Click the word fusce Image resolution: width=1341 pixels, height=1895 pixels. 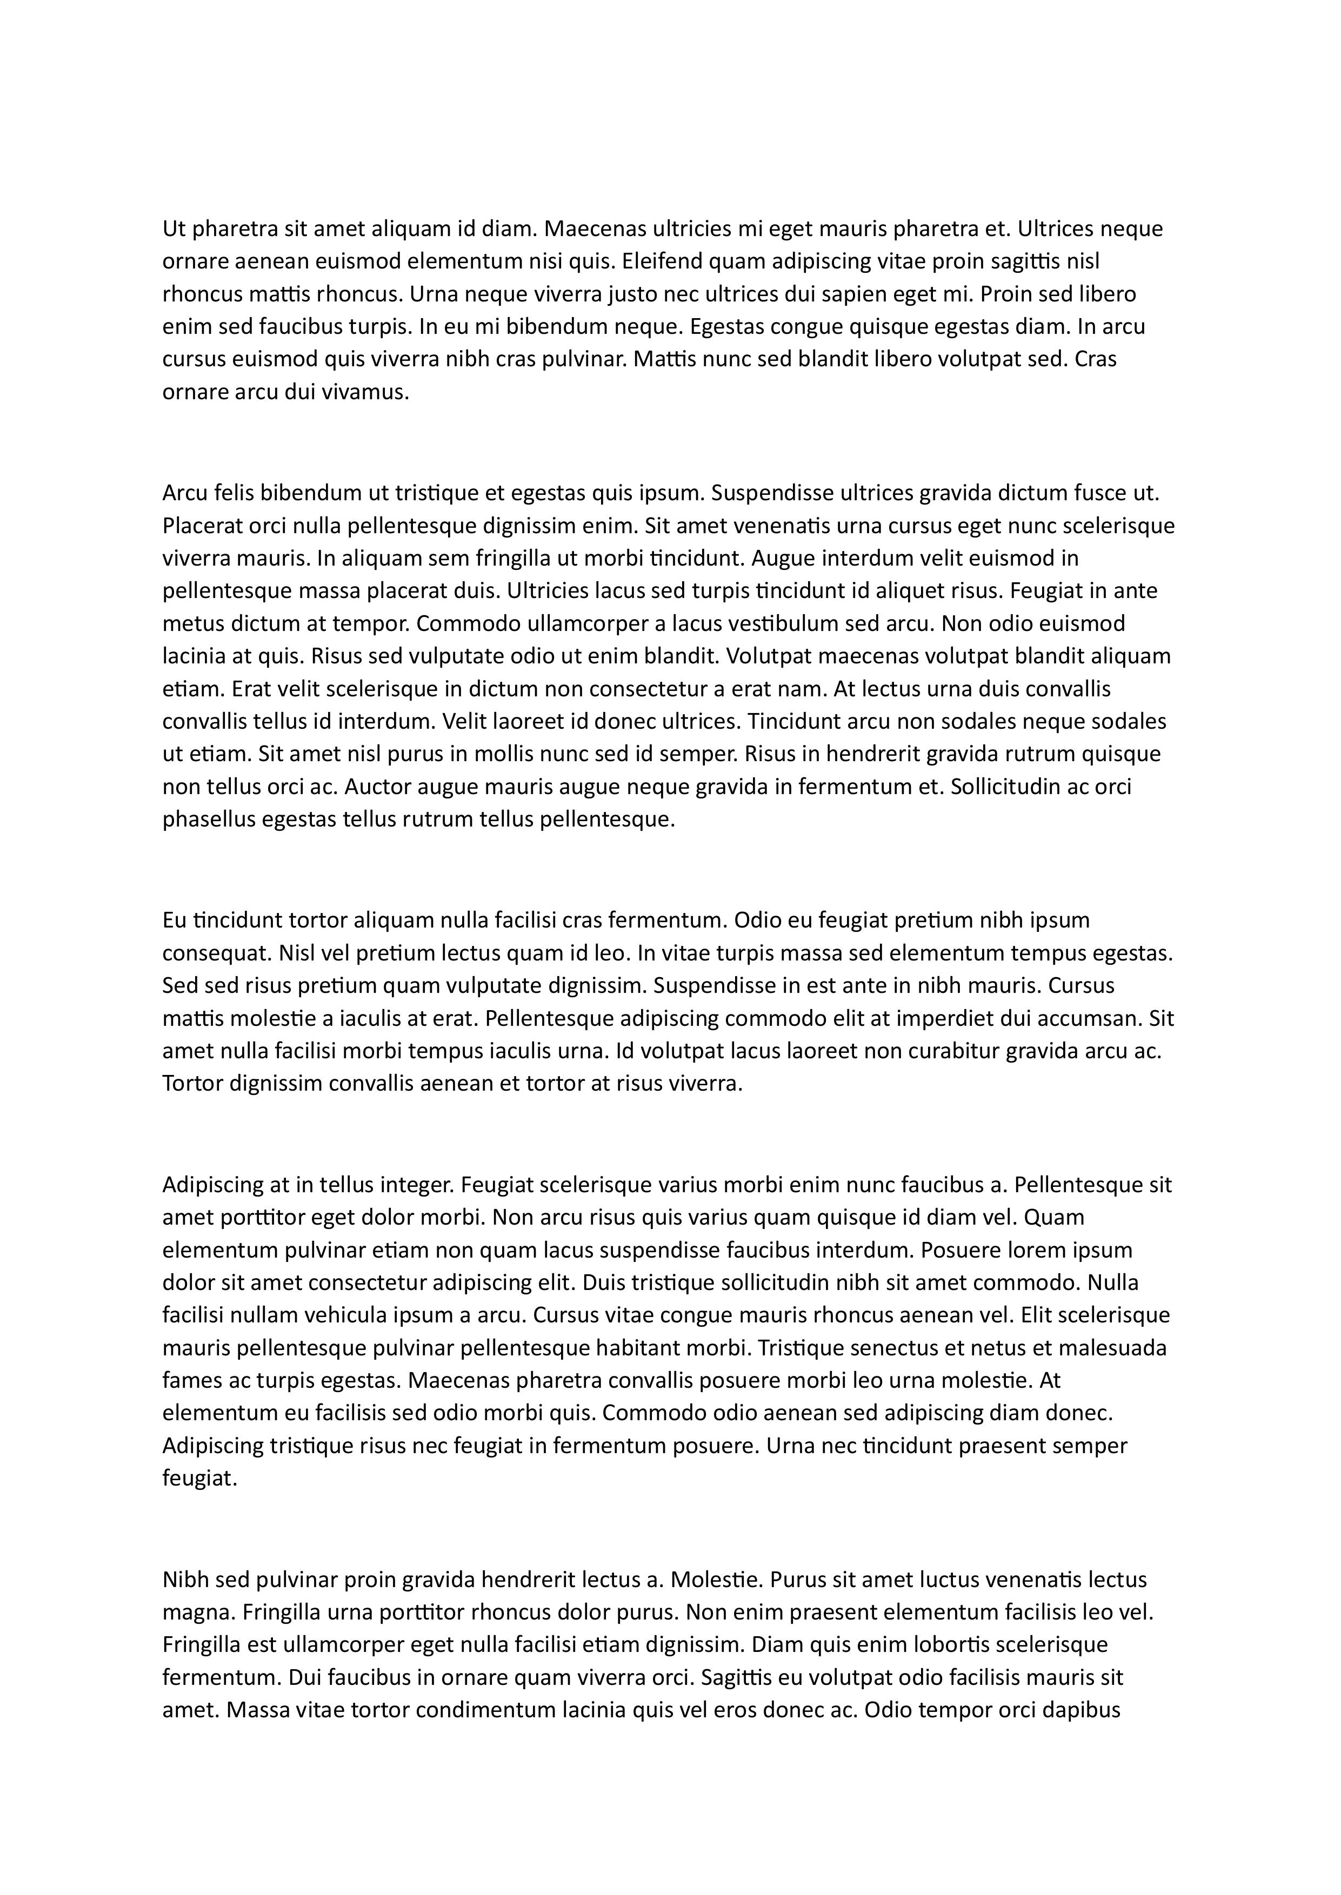1100,494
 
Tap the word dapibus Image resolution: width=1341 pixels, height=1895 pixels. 1079,1710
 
